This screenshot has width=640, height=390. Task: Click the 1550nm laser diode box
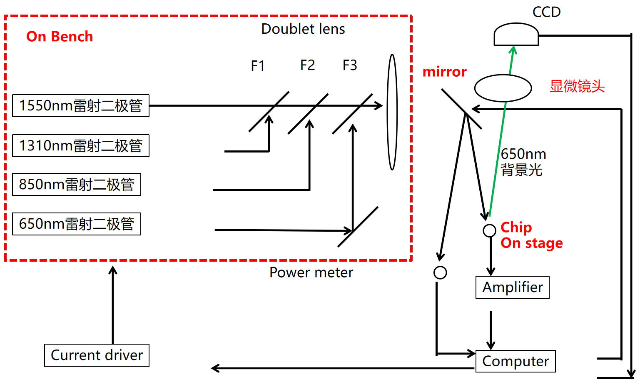pyautogui.click(x=81, y=106)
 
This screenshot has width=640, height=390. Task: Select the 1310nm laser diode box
pyautogui.click(x=81, y=146)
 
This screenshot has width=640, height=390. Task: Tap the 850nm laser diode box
pyautogui.click(x=77, y=185)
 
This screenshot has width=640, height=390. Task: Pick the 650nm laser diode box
pyautogui.click(x=77, y=224)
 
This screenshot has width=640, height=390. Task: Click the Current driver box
pyautogui.click(x=97, y=355)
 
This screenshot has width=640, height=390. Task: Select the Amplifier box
pyautogui.click(x=512, y=287)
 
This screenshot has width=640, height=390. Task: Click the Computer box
pyautogui.click(x=515, y=361)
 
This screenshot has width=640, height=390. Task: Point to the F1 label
pyautogui.click(x=258, y=66)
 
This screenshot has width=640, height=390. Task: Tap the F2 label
pyautogui.click(x=307, y=65)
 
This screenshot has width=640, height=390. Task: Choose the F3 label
pyautogui.click(x=350, y=65)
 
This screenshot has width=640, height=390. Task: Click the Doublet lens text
pyautogui.click(x=303, y=29)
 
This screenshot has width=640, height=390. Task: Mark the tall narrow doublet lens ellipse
pyautogui.click(x=392, y=112)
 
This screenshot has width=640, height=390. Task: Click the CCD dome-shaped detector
pyautogui.click(x=516, y=35)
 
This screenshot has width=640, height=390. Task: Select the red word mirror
pyautogui.click(x=444, y=72)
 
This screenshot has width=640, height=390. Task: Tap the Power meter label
pyautogui.click(x=311, y=272)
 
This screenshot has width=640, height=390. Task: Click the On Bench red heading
pyautogui.click(x=60, y=37)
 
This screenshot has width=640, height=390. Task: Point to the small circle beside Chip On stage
pyautogui.click(x=489, y=230)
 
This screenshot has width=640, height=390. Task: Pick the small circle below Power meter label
pyautogui.click(x=440, y=273)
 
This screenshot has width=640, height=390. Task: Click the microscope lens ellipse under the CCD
pyautogui.click(x=503, y=88)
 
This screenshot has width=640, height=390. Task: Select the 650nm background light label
pyautogui.click(x=523, y=162)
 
